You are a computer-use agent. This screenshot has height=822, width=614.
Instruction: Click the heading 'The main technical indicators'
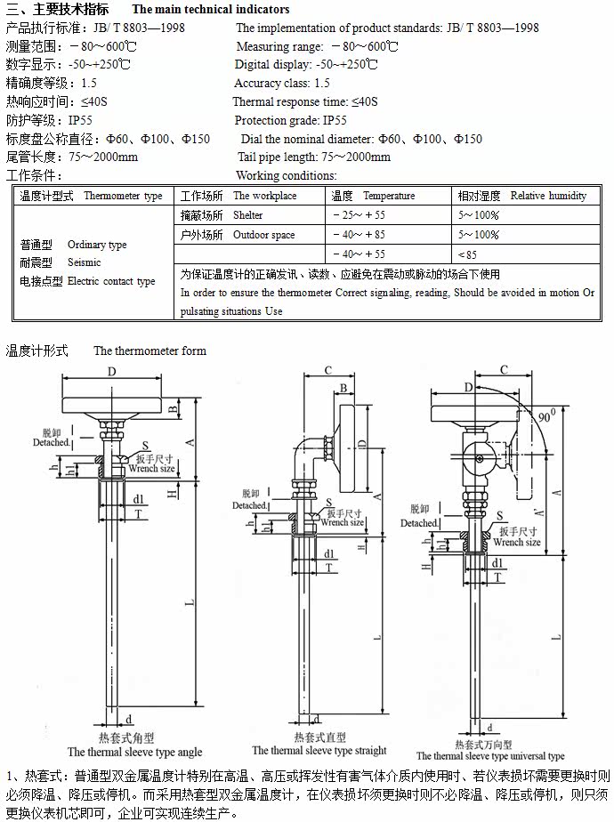click(211, 10)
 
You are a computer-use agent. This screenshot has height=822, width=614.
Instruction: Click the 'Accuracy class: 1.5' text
click(282, 83)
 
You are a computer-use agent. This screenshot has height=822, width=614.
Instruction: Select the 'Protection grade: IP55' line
click(291, 120)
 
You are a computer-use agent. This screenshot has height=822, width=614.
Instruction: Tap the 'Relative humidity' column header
click(548, 196)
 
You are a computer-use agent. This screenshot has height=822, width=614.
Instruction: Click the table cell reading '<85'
click(467, 254)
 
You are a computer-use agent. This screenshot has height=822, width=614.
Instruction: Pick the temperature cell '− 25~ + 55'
click(359, 215)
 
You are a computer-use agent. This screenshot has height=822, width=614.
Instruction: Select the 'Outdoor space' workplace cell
click(264, 235)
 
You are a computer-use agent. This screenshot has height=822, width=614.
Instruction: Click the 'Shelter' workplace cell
click(248, 215)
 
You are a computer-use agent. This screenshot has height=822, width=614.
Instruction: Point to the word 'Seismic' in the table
click(85, 262)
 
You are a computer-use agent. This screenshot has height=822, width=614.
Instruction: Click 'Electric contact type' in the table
click(111, 281)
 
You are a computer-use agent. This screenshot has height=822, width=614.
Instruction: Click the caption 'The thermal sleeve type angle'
click(135, 752)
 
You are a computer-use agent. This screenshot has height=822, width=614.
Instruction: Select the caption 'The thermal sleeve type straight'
click(319, 751)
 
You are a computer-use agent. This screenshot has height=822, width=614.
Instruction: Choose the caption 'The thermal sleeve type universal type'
click(490, 756)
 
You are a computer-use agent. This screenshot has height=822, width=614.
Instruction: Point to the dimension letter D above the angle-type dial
click(111, 371)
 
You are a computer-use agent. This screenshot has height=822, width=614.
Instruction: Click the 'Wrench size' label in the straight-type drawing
click(342, 523)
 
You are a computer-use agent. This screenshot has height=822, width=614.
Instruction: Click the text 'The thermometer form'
click(149, 351)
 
